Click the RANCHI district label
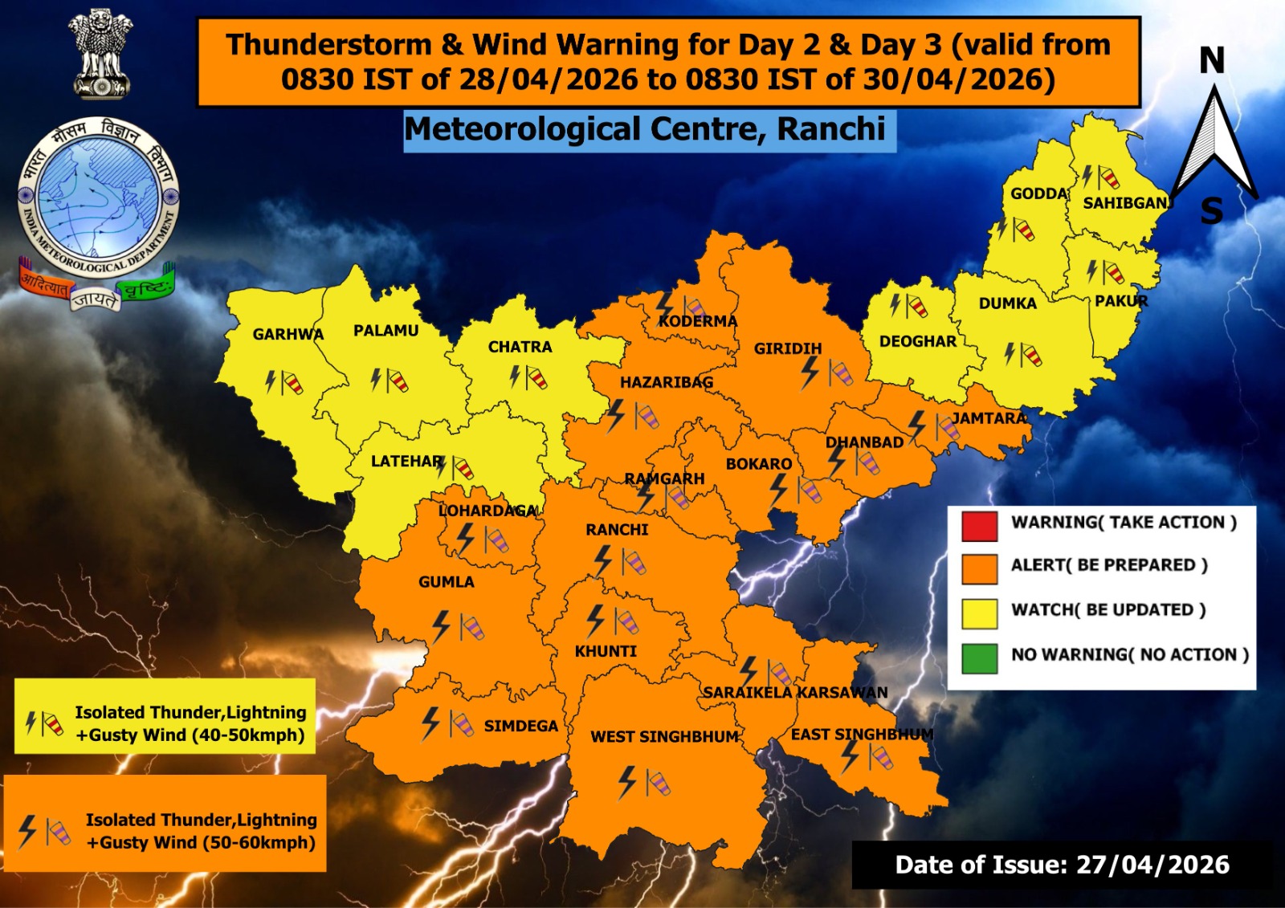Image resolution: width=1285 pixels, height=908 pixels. tap(617, 530)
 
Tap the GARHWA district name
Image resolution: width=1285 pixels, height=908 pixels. tap(288, 334)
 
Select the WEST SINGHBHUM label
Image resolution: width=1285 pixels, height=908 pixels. tap(664, 736)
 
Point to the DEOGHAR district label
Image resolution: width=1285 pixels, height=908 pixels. tap(917, 341)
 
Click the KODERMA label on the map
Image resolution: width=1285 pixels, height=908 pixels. tap(697, 321)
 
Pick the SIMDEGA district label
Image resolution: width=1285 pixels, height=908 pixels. tap(520, 726)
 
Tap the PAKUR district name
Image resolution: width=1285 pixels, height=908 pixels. tap(1121, 301)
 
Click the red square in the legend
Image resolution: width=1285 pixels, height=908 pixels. tap(979, 525)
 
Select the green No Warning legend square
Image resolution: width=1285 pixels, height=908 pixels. tap(979, 658)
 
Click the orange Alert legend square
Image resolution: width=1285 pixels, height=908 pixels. tap(979, 568)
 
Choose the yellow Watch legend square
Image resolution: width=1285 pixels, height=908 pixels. tap(979, 613)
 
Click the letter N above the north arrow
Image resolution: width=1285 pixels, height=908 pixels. tap(1212, 61)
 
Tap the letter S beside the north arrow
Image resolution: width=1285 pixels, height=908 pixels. tap(1211, 211)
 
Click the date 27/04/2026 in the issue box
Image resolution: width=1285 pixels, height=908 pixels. tap(1152, 865)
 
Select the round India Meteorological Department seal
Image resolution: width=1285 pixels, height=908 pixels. tap(97, 197)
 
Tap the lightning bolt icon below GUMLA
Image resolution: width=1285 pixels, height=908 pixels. tap(441, 626)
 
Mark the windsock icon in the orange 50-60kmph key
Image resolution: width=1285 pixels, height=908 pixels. tap(58, 833)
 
